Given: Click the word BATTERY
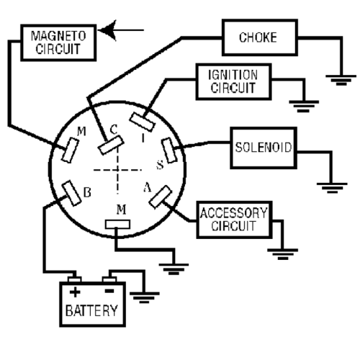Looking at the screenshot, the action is (91, 310).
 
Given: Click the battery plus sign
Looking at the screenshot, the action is (75, 292).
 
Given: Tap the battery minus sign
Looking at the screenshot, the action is (109, 291).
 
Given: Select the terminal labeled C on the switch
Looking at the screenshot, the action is (111, 145).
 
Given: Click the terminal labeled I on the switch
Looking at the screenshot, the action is (142, 122).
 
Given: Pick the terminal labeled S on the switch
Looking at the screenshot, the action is (169, 150).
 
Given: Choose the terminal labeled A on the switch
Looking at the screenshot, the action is (161, 197).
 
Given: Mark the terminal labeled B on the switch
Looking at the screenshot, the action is (71, 193).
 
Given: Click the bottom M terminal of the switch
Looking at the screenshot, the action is (117, 225).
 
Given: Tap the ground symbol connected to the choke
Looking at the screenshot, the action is (341, 80).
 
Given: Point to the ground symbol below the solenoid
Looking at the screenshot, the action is (332, 188).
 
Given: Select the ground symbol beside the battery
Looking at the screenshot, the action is (144, 297).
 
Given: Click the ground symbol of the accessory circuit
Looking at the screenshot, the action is (283, 254).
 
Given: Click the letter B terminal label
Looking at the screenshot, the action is (87, 192).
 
